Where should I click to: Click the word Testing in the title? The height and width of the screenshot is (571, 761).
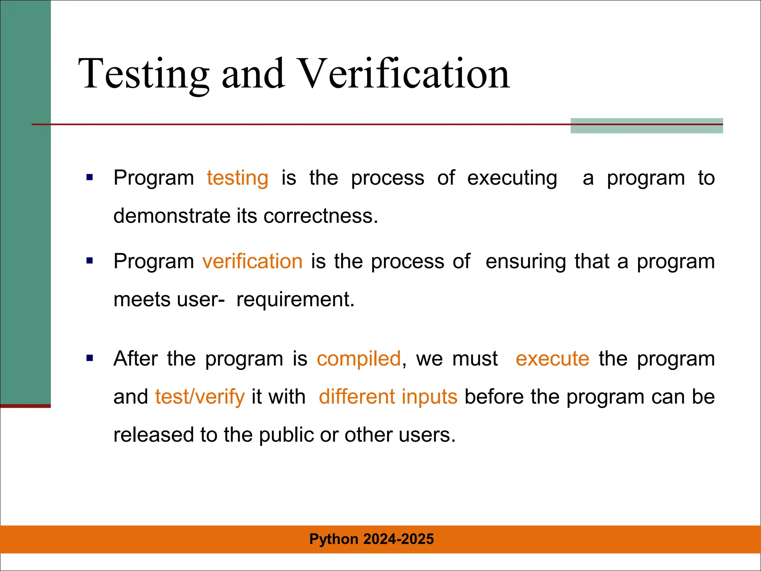(143, 74)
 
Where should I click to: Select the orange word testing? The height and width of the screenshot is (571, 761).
(237, 178)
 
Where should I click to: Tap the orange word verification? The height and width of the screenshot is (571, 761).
(252, 261)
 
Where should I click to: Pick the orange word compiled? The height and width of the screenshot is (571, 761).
(359, 359)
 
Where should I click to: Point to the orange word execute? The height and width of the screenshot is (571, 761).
(552, 359)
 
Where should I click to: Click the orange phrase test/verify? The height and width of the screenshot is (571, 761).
(200, 397)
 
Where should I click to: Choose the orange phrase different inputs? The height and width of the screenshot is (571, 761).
(388, 397)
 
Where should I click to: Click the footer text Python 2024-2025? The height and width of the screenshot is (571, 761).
(372, 539)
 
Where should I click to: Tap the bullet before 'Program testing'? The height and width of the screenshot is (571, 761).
(90, 177)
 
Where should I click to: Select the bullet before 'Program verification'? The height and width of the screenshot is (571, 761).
(90, 261)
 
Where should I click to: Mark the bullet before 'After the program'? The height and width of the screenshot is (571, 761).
(90, 358)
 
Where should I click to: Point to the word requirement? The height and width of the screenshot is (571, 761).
(295, 299)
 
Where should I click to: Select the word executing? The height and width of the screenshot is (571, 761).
(512, 178)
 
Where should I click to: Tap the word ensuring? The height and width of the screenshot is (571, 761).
(526, 261)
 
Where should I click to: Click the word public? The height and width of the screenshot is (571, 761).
(286, 435)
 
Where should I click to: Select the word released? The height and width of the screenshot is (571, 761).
(153, 435)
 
